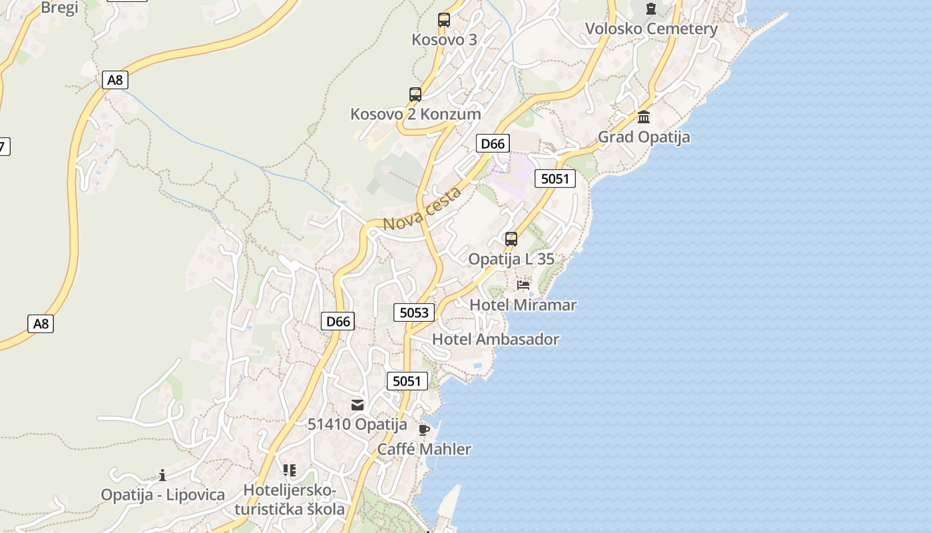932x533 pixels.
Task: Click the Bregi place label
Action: pyautogui.click(x=59, y=7)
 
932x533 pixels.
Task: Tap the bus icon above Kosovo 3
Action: pyautogui.click(x=444, y=20)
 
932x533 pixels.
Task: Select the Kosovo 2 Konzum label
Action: pyautogui.click(x=415, y=114)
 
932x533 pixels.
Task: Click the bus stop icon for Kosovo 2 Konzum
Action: pyautogui.click(x=415, y=95)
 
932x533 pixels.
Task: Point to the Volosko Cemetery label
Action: pyautogui.click(x=651, y=29)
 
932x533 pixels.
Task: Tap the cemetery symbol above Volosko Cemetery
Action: pyautogui.click(x=650, y=9)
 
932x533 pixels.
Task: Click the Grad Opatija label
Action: pyautogui.click(x=644, y=137)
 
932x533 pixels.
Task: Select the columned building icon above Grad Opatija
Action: pyautogui.click(x=644, y=117)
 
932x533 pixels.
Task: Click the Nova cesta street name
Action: pyautogui.click(x=423, y=210)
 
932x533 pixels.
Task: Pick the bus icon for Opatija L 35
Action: pyautogui.click(x=511, y=239)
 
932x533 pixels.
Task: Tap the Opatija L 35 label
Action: pyautogui.click(x=511, y=259)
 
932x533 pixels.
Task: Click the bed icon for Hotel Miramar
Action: pyautogui.click(x=523, y=285)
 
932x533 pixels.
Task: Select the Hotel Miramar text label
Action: pyautogui.click(x=523, y=305)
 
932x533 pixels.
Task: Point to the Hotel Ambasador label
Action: pyautogui.click(x=496, y=339)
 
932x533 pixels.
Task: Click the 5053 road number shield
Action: pyautogui.click(x=414, y=312)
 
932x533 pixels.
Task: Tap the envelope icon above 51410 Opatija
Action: pyautogui.click(x=357, y=404)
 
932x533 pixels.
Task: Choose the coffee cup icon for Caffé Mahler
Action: pyautogui.click(x=424, y=429)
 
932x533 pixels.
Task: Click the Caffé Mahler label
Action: pyautogui.click(x=424, y=449)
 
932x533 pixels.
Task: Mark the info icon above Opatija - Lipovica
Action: pyautogui.click(x=162, y=475)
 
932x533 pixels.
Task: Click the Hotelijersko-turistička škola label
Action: pyautogui.click(x=290, y=500)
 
